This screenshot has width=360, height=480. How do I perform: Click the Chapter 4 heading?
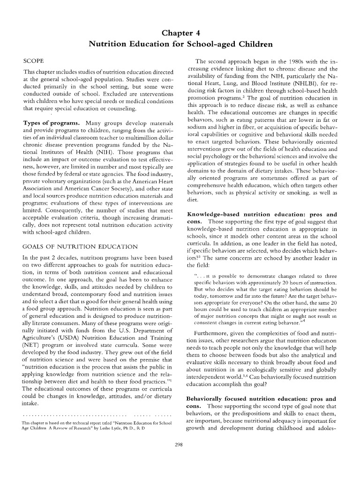pos(180,33)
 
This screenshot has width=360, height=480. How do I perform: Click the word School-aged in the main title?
pos(222,45)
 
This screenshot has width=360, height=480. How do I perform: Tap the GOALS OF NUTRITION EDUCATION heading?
pos(80,247)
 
